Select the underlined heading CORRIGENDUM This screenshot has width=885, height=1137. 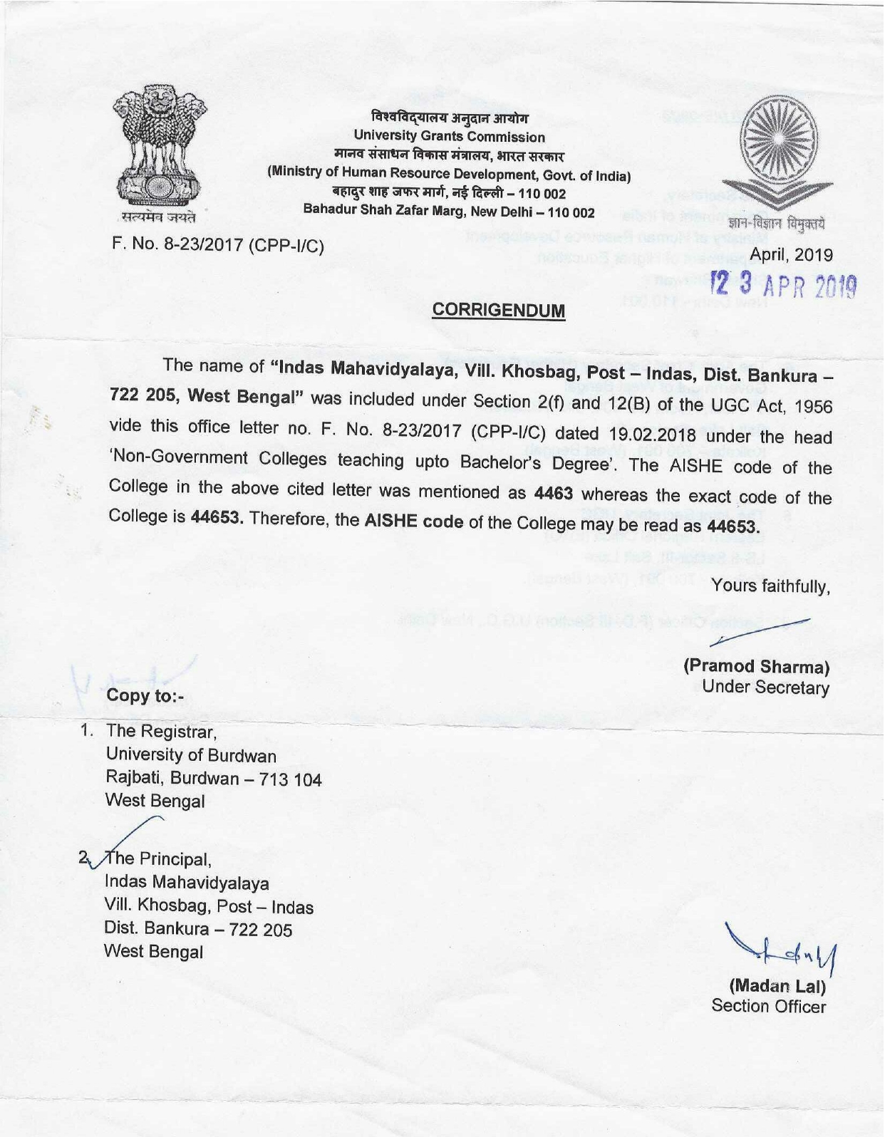(499, 311)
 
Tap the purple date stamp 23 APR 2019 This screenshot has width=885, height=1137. (784, 285)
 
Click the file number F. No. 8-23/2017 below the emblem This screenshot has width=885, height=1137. (217, 246)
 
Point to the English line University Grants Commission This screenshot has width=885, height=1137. (449, 137)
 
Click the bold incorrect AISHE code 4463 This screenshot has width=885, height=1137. (553, 493)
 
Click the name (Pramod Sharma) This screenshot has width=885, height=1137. (757, 667)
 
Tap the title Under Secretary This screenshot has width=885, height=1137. (765, 687)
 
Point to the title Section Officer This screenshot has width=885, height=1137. (768, 1007)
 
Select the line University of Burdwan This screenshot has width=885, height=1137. (191, 755)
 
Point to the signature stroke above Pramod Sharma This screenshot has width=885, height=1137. (762, 631)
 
